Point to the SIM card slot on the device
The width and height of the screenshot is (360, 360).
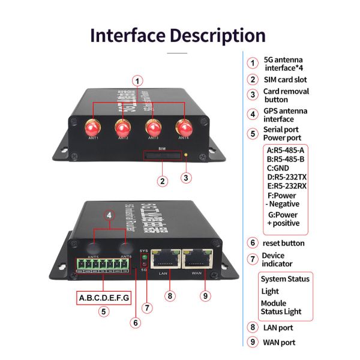pos(161,156)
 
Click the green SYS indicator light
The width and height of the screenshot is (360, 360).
pos(143,258)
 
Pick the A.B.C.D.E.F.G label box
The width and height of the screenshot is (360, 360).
pos(104,298)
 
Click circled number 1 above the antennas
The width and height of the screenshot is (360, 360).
pos(138,80)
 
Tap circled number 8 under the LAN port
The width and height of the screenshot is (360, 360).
pos(170,295)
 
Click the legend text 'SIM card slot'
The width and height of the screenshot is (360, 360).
pos(286,79)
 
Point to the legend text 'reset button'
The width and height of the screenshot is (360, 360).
pos(284,243)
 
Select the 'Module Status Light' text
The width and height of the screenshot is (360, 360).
pos(281,307)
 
